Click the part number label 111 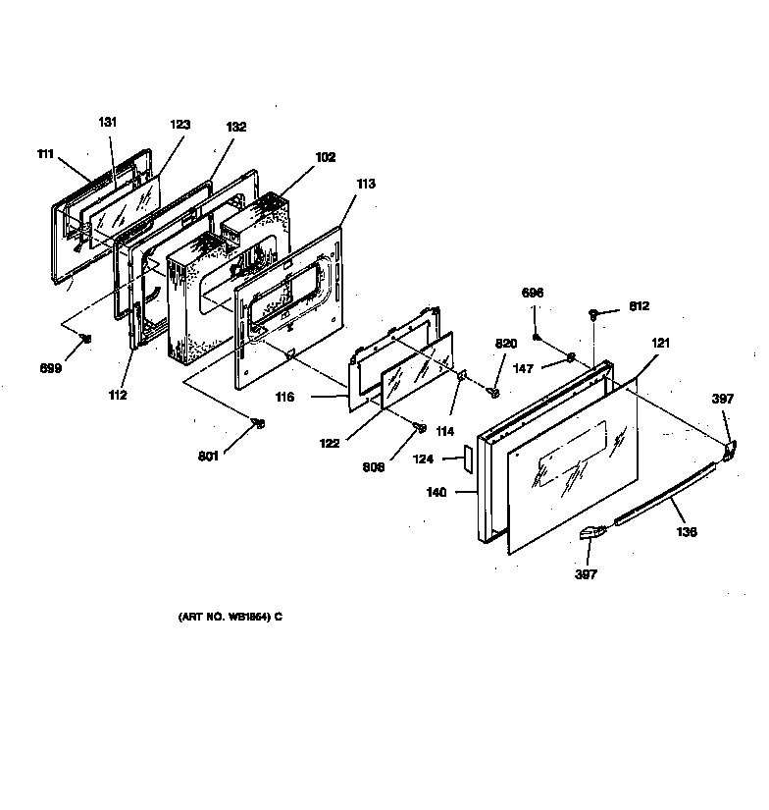45,155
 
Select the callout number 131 107,122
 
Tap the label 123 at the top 179,125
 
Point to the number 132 236,127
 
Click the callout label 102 326,156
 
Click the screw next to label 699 86,339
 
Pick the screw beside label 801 259,423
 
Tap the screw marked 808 420,427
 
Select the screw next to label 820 494,393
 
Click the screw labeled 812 594,314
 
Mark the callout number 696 533,294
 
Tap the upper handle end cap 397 730,449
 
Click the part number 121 661,343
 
